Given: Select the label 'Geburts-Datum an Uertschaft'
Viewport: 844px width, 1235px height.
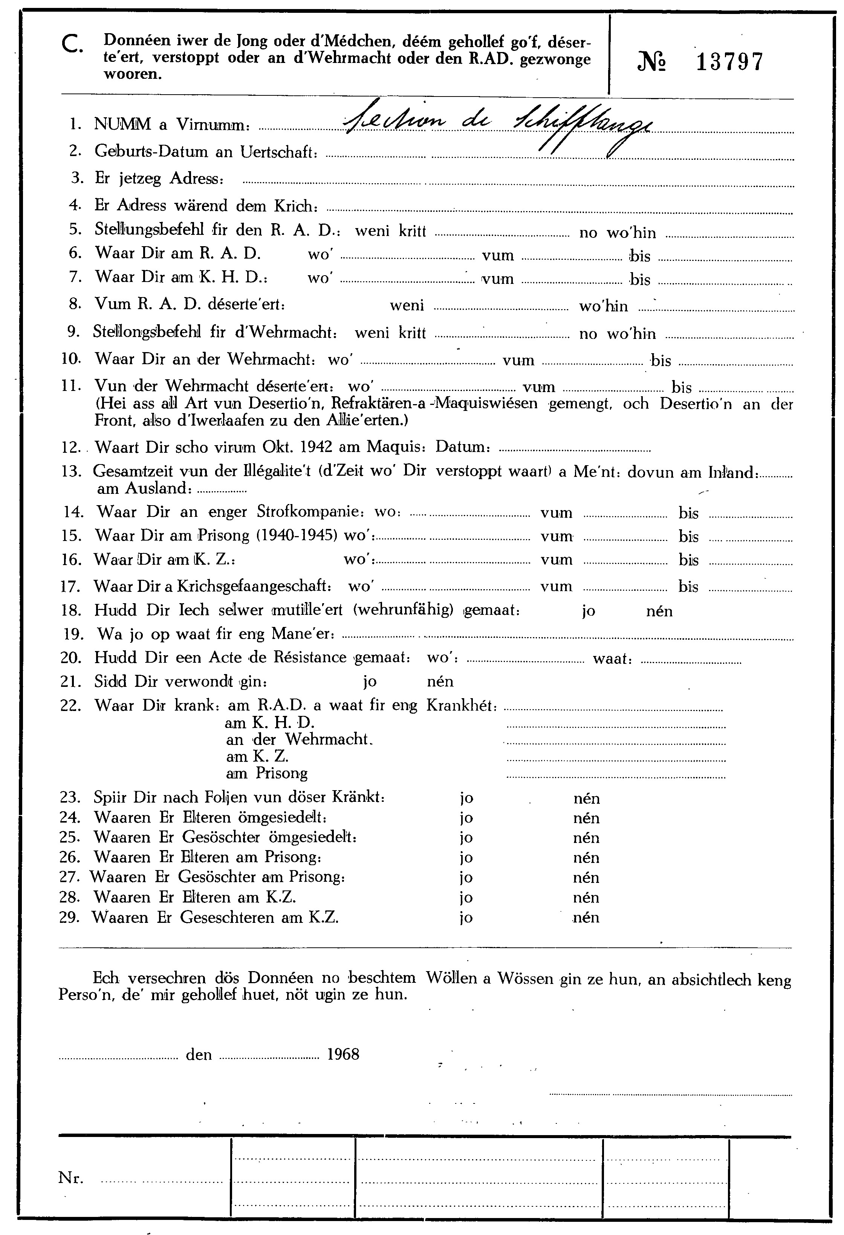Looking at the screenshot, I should tap(206, 152).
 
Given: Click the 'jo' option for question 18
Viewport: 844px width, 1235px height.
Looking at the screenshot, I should tap(588, 611).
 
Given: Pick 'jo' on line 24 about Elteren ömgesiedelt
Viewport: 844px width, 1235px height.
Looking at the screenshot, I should tap(466, 818).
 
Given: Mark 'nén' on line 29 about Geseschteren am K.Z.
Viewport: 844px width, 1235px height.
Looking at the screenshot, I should tap(586, 918).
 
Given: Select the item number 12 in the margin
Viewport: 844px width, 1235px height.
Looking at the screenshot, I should tap(70, 447).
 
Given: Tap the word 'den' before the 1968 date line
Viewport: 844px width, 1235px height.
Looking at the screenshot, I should tap(199, 1055).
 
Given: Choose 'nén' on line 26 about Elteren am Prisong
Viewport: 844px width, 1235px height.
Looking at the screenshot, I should tap(586, 858).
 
